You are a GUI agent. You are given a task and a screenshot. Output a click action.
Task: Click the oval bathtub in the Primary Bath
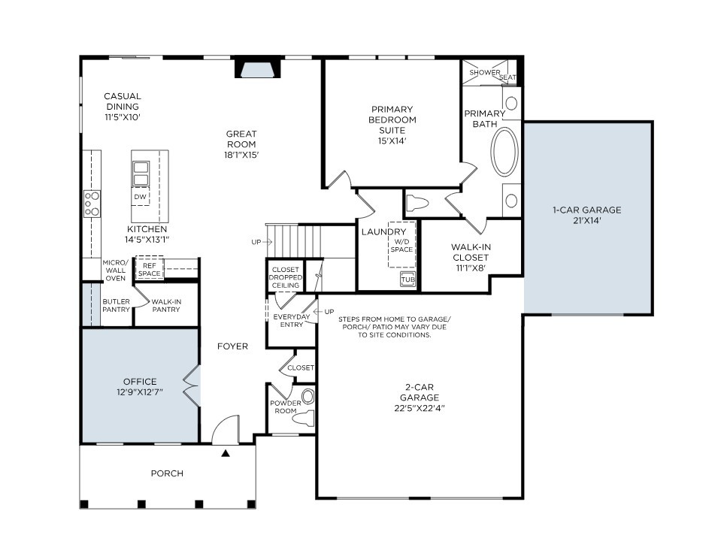(504, 152)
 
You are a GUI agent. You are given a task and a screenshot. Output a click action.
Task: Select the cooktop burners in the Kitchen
(92, 204)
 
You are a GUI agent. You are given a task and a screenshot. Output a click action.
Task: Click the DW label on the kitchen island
(140, 197)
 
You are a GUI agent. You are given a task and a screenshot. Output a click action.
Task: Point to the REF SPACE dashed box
(149, 269)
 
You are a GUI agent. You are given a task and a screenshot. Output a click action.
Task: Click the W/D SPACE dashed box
(401, 245)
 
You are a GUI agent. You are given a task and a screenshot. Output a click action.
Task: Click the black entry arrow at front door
(225, 453)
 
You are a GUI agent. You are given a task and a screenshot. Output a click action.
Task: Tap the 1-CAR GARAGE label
(587, 215)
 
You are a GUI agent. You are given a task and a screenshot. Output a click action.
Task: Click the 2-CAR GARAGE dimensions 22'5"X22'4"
(419, 408)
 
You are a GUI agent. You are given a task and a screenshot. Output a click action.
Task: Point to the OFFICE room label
(139, 382)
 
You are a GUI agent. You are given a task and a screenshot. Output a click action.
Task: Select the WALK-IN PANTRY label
(165, 306)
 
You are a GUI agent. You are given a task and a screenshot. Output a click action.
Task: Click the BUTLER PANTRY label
(115, 306)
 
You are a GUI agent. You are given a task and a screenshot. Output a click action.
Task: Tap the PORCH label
(167, 473)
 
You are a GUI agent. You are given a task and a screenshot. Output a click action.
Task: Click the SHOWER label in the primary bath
(484, 72)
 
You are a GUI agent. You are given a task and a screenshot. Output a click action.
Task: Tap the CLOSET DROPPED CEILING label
(286, 277)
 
